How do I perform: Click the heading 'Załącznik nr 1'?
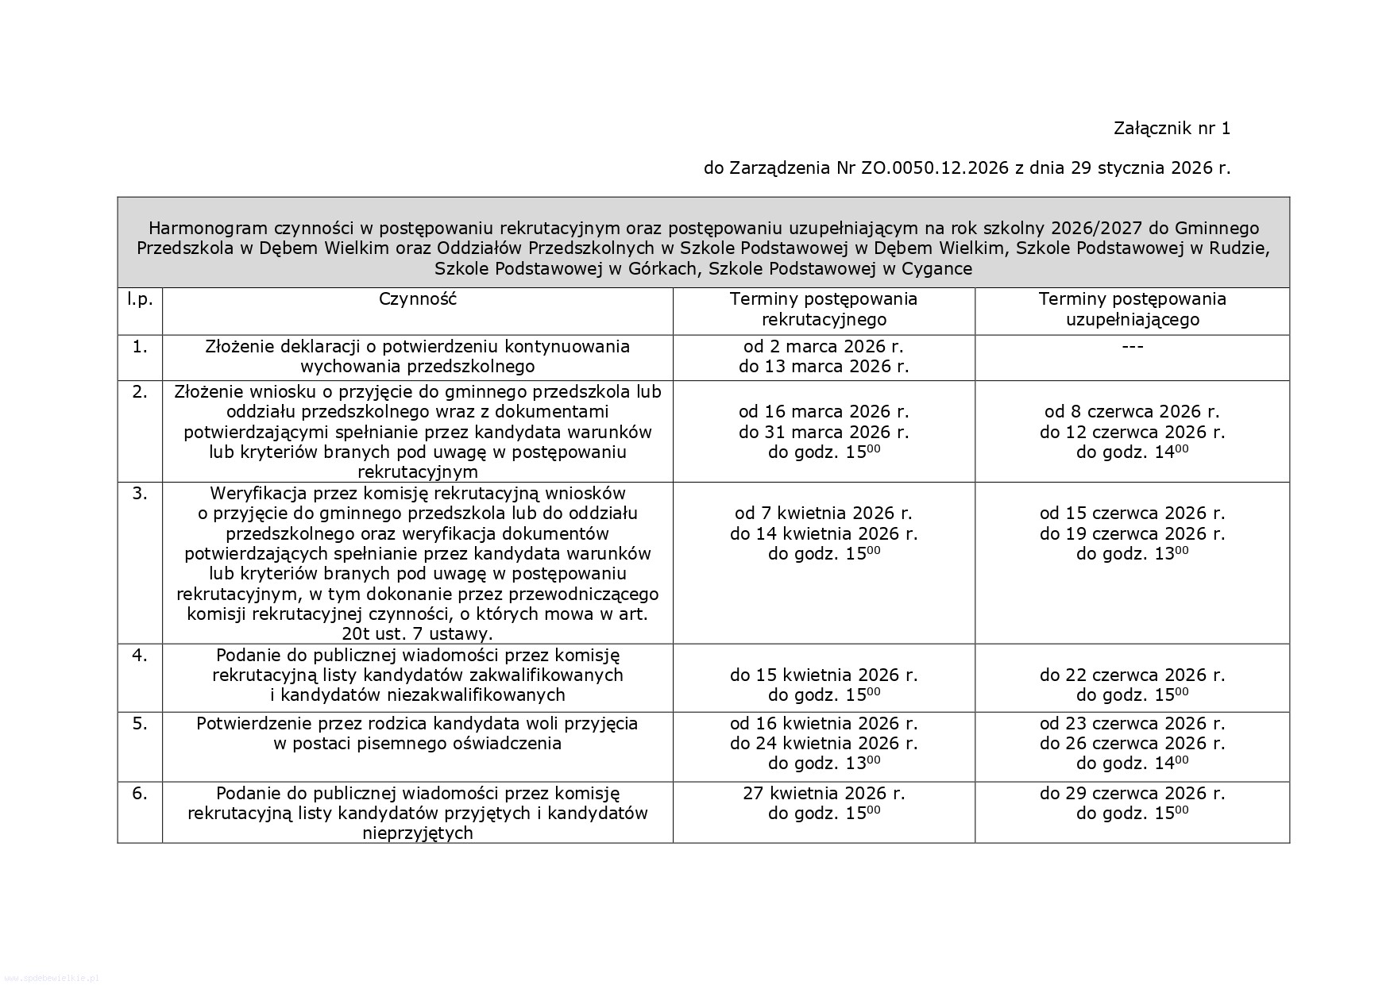pyautogui.click(x=1172, y=129)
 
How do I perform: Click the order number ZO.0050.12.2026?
pyautogui.click(x=934, y=168)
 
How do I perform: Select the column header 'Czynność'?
pyautogui.click(x=417, y=299)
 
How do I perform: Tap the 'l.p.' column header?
pyautogui.click(x=140, y=299)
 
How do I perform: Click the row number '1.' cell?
pyautogui.click(x=140, y=347)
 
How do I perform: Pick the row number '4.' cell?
pyautogui.click(x=140, y=656)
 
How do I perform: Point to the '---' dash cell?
pyautogui.click(x=1132, y=347)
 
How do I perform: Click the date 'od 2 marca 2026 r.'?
pyautogui.click(x=824, y=347)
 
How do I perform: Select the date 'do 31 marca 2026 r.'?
pyautogui.click(x=824, y=432)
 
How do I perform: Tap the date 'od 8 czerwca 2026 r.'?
pyautogui.click(x=1132, y=412)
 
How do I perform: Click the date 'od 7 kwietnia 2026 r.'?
pyautogui.click(x=824, y=514)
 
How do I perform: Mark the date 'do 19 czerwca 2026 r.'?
pyautogui.click(x=1132, y=533)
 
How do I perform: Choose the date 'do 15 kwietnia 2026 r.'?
pyautogui.click(x=824, y=675)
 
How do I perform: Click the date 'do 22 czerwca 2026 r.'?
pyautogui.click(x=1132, y=675)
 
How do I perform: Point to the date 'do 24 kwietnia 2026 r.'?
pyautogui.click(x=824, y=744)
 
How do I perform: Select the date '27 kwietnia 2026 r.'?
pyautogui.click(x=824, y=793)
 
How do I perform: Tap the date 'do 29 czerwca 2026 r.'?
pyautogui.click(x=1132, y=793)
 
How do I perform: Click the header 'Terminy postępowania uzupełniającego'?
pyautogui.click(x=1132, y=310)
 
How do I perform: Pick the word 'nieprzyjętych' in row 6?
pyautogui.click(x=417, y=833)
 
